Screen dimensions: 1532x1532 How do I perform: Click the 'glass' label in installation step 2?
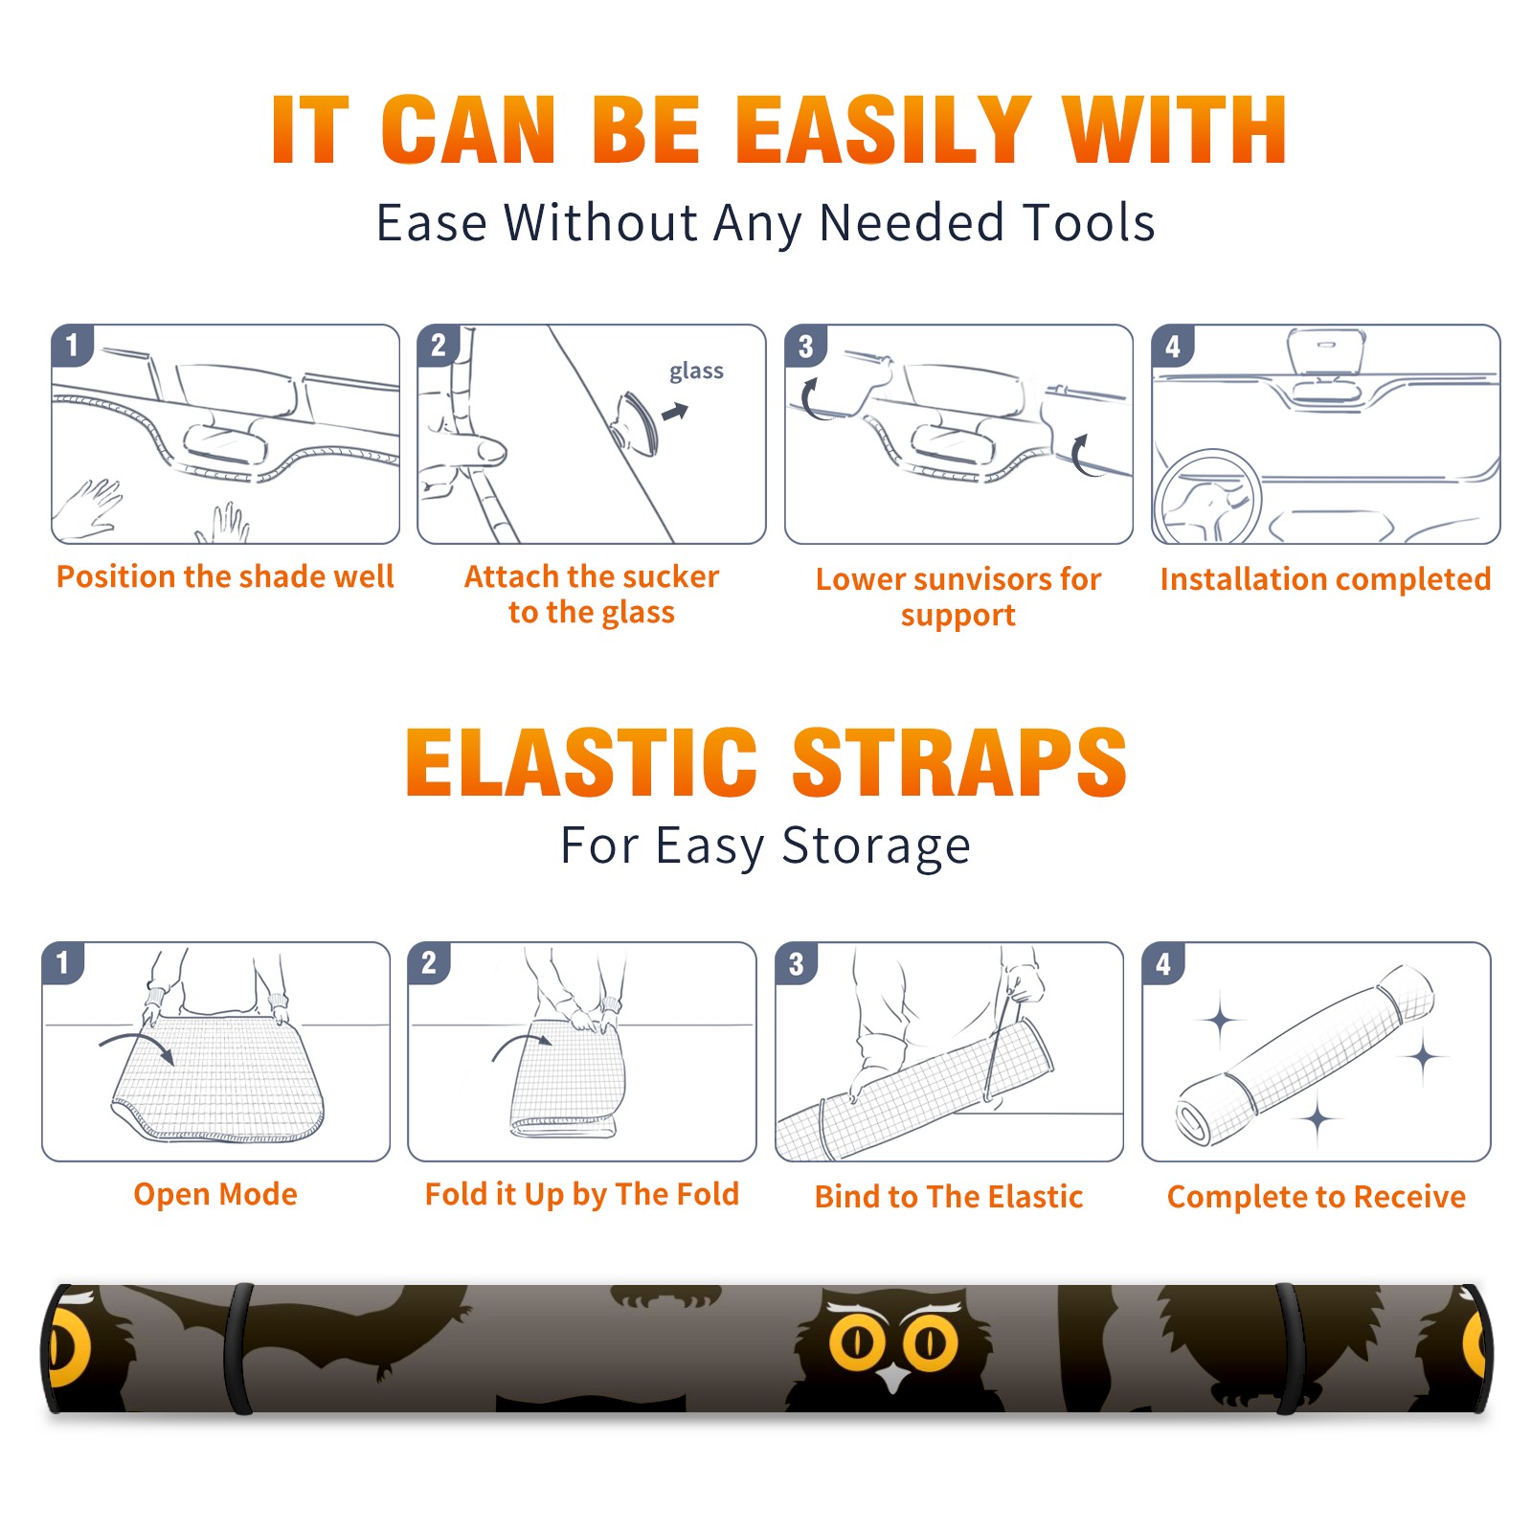pyautogui.click(x=696, y=372)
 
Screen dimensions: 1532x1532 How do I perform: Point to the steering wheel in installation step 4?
pyautogui.click(x=1208, y=496)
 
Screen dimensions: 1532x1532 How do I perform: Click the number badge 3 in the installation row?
pyautogui.click(x=806, y=346)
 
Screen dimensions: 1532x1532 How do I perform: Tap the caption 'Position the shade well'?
pyautogui.click(x=225, y=576)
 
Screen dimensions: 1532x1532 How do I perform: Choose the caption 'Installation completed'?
pyautogui.click(x=1325, y=578)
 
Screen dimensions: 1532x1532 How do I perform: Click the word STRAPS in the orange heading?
pyautogui.click(x=959, y=762)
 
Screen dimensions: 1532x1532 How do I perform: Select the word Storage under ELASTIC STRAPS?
pyautogui.click(x=876, y=846)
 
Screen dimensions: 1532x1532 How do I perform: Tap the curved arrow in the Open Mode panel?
pyautogui.click(x=137, y=1045)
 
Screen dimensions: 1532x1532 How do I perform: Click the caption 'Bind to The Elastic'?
pyautogui.click(x=948, y=1196)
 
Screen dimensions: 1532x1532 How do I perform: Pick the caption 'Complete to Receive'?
pyautogui.click(x=1317, y=1196)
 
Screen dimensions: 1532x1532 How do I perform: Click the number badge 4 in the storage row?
pyautogui.click(x=1163, y=963)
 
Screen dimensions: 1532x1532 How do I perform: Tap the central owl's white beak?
pyautogui.click(x=894, y=1379)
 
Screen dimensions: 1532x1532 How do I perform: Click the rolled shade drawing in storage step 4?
pyautogui.click(x=1305, y=1055)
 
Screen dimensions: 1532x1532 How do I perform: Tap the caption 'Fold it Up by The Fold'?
pyautogui.click(x=582, y=1194)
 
